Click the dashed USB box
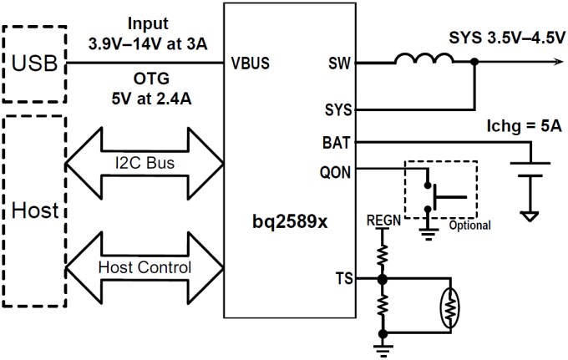coord(34,63)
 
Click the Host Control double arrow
coord(147,268)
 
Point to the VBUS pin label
coord(251,63)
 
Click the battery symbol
coord(528,171)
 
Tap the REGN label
coord(382,222)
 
